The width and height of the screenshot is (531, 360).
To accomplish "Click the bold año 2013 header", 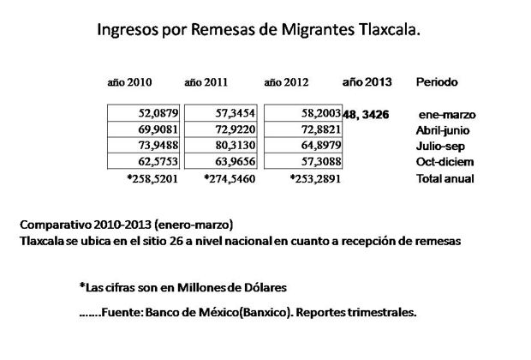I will (x=367, y=82).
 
